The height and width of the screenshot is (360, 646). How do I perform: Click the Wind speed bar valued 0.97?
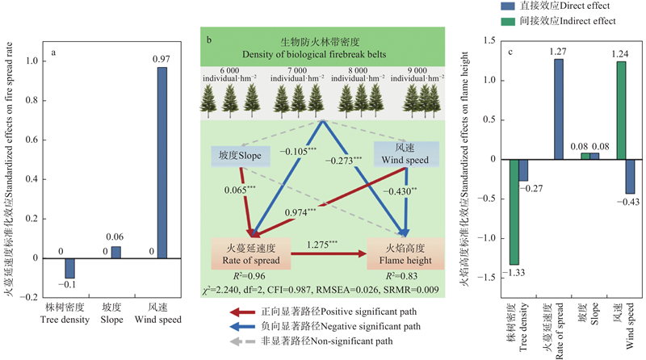click(162, 162)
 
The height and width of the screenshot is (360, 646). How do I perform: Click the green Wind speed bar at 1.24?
click(621, 111)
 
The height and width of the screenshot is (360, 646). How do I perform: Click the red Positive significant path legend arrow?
click(241, 309)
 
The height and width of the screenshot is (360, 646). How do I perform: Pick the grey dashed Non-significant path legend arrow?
click(241, 341)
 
